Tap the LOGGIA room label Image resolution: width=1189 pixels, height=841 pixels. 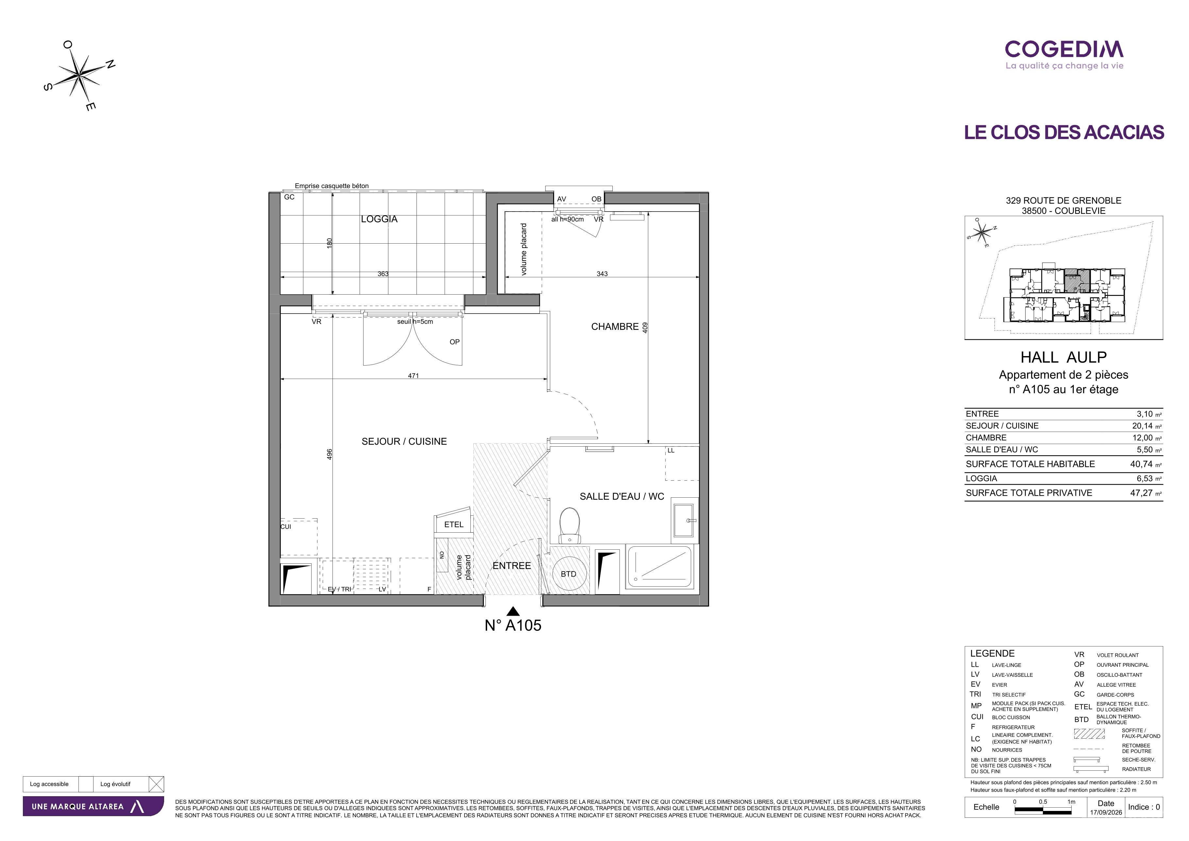pos(379,219)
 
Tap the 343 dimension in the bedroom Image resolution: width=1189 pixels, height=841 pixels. pos(602,274)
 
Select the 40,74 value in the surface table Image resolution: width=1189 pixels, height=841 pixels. pos(1141,464)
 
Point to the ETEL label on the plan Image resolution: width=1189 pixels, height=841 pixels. pos(454,524)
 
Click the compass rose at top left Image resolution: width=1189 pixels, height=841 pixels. pos(79,76)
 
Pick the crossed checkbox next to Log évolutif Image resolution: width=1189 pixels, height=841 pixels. pos(156,784)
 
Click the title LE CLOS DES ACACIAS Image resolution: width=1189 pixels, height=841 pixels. pos(1064,132)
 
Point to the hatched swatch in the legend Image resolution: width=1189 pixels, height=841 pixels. pos(1089,734)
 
